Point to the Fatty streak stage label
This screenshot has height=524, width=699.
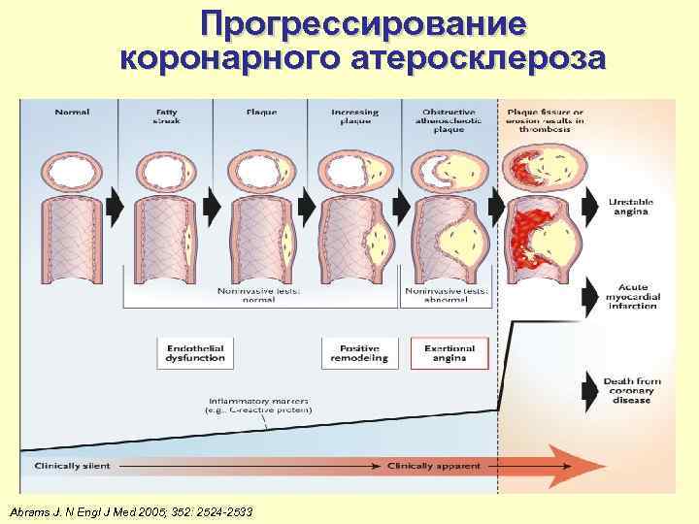coord(166,117)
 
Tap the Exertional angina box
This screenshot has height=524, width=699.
coord(449,352)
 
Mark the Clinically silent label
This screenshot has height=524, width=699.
coord(72,466)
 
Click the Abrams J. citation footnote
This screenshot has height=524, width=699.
coord(130,510)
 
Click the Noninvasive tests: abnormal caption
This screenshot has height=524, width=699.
coord(449,295)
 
